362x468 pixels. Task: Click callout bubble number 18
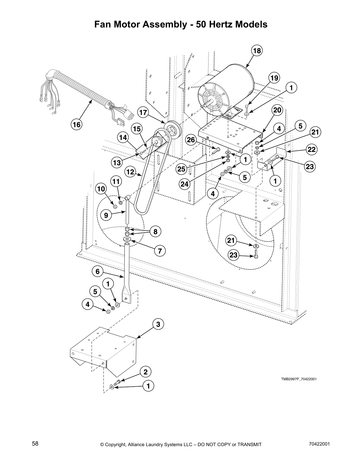pyautogui.click(x=257, y=51)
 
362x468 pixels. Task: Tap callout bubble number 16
pyautogui.click(x=77, y=125)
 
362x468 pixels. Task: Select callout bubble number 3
pyautogui.click(x=158, y=324)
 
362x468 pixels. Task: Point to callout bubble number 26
pyautogui.click(x=191, y=139)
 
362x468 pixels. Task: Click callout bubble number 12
pyautogui.click(x=131, y=172)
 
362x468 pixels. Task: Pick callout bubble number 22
pyautogui.click(x=311, y=149)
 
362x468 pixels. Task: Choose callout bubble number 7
pyautogui.click(x=160, y=251)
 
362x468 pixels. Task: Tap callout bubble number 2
pyautogui.click(x=146, y=372)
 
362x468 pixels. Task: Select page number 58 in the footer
pyautogui.click(x=35, y=444)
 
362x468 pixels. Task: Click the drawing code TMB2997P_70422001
pyautogui.click(x=299, y=379)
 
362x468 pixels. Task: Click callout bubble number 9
pyautogui.click(x=106, y=215)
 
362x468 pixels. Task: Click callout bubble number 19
pyautogui.click(x=274, y=78)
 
